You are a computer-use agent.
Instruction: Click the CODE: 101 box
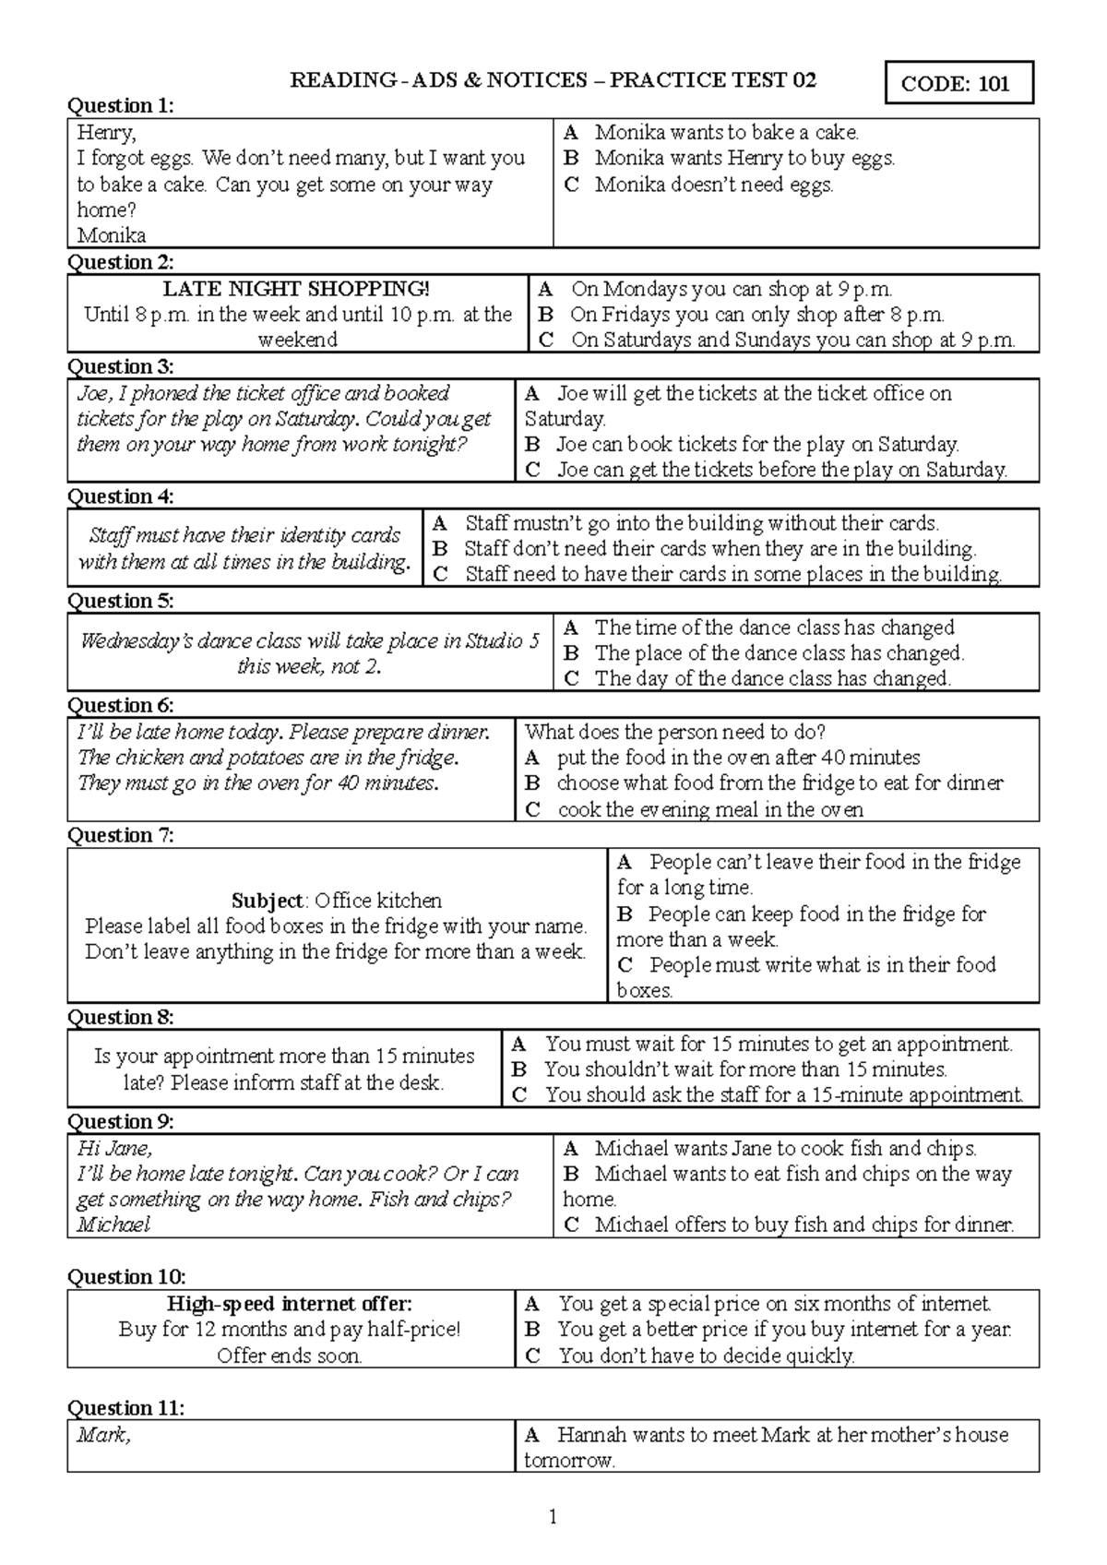(958, 84)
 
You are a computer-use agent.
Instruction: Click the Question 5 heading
(121, 601)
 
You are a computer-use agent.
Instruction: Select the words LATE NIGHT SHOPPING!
(296, 289)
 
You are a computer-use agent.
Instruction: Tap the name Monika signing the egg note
(111, 235)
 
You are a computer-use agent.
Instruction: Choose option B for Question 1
(572, 159)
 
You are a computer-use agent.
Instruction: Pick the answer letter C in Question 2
(546, 340)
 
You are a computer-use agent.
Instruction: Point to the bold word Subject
(267, 901)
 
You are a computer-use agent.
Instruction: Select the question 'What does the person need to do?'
(674, 733)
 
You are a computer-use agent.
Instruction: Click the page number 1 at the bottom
(553, 1517)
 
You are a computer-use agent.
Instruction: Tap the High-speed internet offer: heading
(289, 1304)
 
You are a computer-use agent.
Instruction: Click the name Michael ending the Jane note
(113, 1225)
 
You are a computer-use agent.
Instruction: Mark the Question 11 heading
(126, 1408)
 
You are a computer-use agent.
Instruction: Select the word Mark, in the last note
(103, 1436)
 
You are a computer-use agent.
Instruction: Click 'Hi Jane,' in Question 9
(114, 1149)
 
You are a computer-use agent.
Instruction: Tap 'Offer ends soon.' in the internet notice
(289, 1356)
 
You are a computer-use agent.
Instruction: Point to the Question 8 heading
(121, 1017)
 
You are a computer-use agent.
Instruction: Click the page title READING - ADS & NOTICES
(438, 80)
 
